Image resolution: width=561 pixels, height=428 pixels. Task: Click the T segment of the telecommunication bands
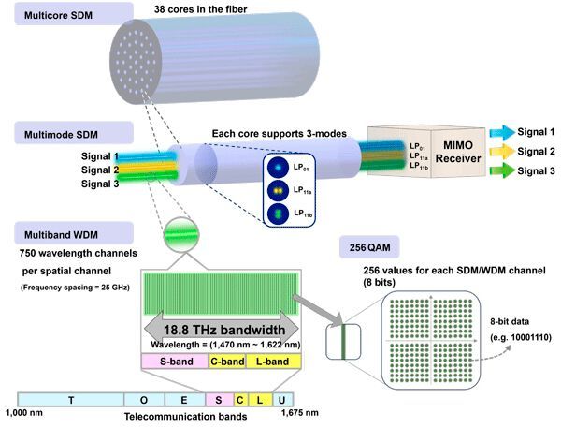71,398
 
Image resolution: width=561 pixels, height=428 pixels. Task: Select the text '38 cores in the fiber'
205,10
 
